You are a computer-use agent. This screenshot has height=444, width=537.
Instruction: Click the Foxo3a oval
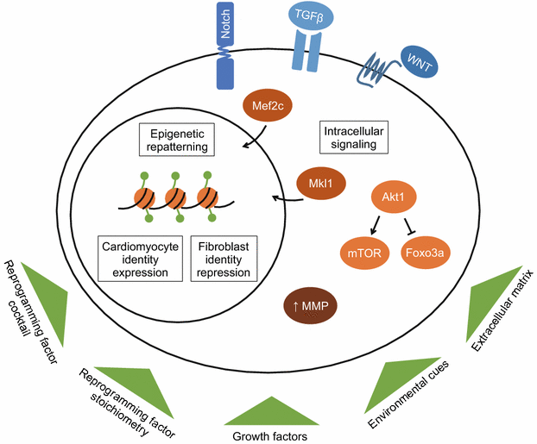[x=429, y=254]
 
